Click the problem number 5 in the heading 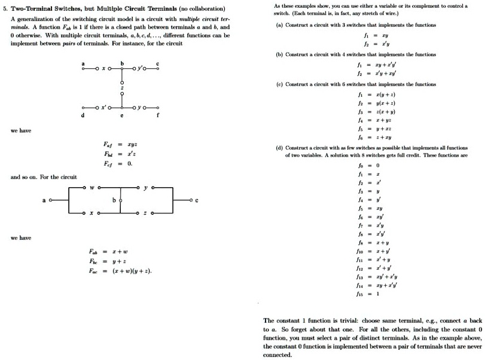click(7, 9)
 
